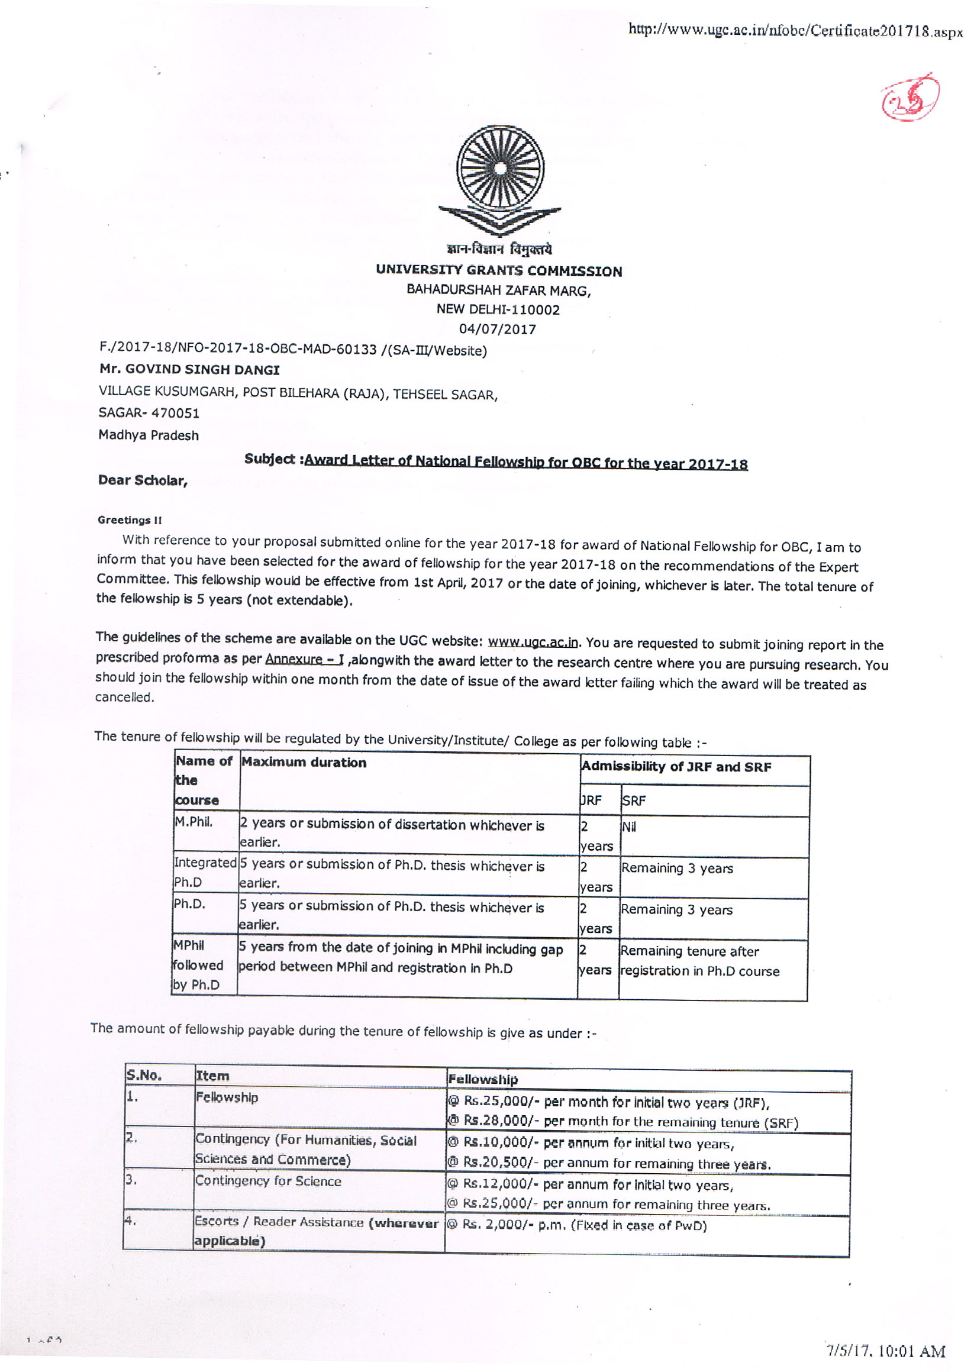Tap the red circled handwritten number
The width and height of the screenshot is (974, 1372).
910,98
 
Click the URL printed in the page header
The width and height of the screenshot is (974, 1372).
794,31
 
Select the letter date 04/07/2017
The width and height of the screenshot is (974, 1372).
497,329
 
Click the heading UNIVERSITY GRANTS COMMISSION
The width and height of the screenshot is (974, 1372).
498,271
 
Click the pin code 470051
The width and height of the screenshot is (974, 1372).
175,413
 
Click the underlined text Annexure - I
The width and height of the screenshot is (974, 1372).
304,659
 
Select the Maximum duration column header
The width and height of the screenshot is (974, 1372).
304,763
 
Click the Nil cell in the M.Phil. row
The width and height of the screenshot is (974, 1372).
628,828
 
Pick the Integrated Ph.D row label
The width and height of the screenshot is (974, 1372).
205,872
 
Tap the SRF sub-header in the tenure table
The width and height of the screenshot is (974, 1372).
633,801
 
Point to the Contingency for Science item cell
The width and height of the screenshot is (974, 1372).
268,1181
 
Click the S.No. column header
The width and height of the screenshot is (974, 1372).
144,1075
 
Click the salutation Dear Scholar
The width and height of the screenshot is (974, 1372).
143,481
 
